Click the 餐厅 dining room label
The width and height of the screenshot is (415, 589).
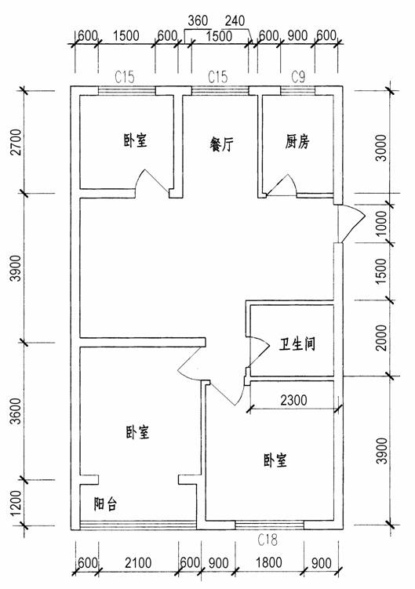pos(222,144)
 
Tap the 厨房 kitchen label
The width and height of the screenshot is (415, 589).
pos(297,142)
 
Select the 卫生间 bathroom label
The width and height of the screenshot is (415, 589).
pos(297,344)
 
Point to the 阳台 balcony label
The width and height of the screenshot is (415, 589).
pos(105,504)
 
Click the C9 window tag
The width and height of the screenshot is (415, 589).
pos(298,77)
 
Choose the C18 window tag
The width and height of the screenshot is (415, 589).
pos(268,540)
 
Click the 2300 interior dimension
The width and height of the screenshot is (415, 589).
pos(293,401)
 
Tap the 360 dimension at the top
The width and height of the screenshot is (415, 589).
pos(198,20)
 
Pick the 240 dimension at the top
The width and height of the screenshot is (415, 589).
pos(235,20)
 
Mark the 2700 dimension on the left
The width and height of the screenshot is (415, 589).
pos(16,142)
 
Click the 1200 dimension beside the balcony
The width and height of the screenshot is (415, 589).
pos(16,503)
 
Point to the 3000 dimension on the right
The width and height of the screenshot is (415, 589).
pos(381,147)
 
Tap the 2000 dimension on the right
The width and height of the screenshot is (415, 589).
pos(381,338)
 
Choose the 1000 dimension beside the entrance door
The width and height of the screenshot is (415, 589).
pos(381,223)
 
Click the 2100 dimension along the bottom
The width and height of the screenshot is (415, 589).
pos(138,562)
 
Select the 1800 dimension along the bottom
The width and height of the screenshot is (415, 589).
pos(269,562)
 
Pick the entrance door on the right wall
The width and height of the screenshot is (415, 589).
pos(351,224)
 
